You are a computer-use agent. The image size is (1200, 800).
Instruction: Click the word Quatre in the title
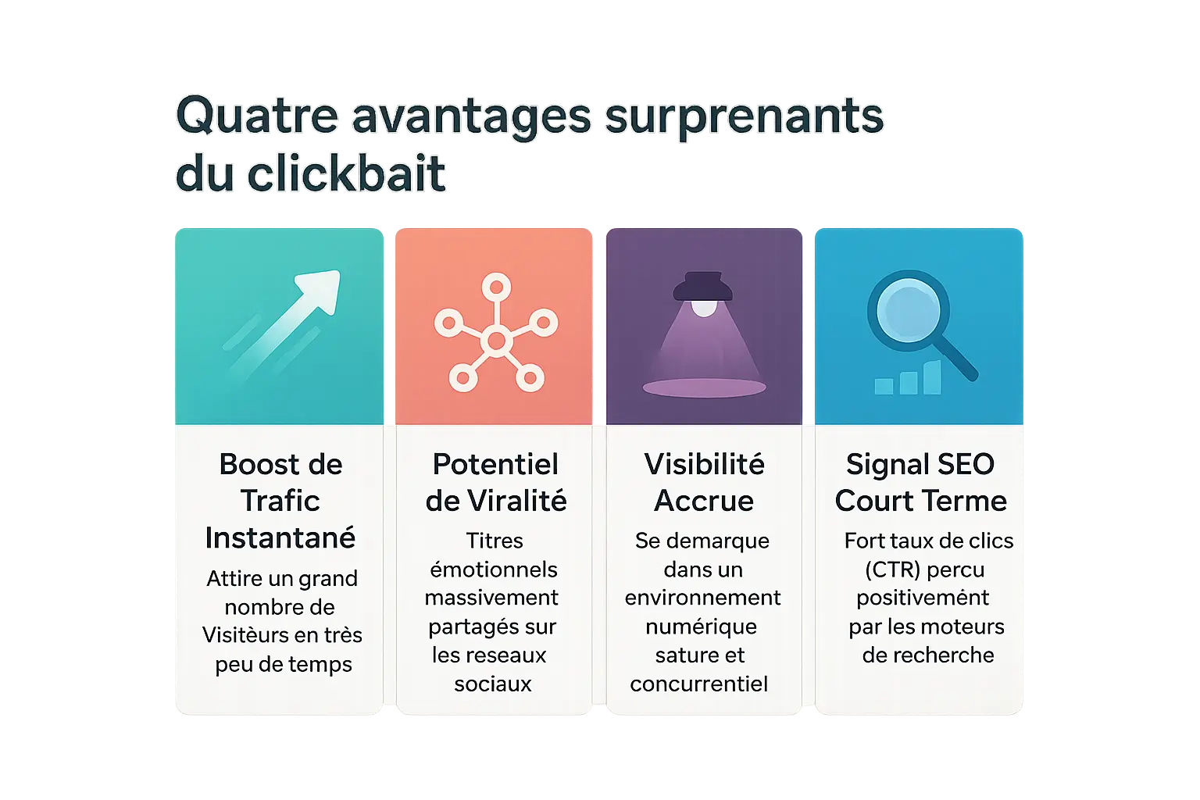[x=257, y=115]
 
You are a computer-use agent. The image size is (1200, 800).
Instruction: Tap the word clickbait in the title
[x=346, y=173]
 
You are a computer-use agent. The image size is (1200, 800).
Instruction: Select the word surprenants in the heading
[x=744, y=118]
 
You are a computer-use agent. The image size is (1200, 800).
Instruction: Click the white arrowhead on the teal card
[x=320, y=289]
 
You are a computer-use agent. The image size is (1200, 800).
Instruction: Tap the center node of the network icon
[x=497, y=341]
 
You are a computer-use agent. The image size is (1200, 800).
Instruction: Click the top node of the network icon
[x=497, y=287]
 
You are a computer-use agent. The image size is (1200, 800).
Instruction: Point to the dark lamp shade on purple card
[x=703, y=286]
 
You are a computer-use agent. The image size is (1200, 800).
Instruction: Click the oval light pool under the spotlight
[x=704, y=387]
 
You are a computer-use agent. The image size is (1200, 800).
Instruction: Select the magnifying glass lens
[x=909, y=311]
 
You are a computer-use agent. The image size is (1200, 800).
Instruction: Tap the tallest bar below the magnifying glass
[x=933, y=377]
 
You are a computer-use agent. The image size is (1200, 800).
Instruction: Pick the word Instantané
[x=280, y=537]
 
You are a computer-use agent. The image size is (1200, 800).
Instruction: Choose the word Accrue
[x=704, y=501]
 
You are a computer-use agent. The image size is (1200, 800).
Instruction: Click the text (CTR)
[x=892, y=570]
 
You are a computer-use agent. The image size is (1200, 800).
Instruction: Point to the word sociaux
[x=493, y=684]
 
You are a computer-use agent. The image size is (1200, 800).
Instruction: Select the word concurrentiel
[x=699, y=684]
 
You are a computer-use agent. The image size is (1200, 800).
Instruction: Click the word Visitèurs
[x=246, y=635]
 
